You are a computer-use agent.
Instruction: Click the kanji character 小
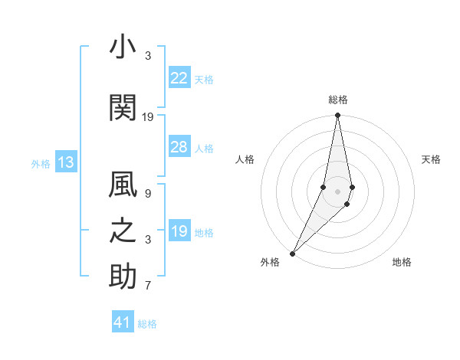[x=123, y=49]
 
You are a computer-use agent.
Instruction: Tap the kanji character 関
[x=123, y=109]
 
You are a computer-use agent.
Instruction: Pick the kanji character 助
[x=123, y=277]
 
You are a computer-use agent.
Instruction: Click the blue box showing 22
[x=179, y=78]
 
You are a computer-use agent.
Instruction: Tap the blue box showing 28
[x=179, y=147]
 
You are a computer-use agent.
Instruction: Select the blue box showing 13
[x=65, y=162]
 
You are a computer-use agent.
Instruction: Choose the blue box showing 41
[x=123, y=322]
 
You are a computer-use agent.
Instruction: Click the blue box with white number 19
[x=179, y=231]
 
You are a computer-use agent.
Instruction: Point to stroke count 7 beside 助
[x=148, y=286]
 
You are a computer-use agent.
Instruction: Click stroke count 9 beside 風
[x=148, y=195]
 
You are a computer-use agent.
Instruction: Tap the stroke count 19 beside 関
[x=148, y=117]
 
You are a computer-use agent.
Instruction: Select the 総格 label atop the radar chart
[x=338, y=100]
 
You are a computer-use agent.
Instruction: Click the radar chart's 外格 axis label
[x=270, y=263]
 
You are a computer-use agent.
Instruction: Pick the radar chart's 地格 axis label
[x=402, y=263]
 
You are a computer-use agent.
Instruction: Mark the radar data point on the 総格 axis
[x=338, y=116]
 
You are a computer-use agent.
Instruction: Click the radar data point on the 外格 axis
[x=292, y=253]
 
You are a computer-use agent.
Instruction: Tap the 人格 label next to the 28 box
[x=204, y=148]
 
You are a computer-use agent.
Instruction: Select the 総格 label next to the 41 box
[x=147, y=324]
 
